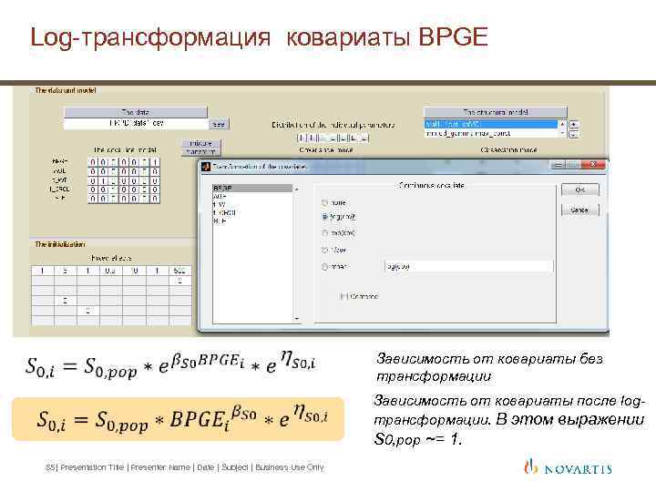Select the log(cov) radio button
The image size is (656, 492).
323,217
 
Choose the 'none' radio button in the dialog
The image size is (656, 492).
323,201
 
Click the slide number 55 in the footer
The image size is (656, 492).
49,467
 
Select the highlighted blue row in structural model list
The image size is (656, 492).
491,124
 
